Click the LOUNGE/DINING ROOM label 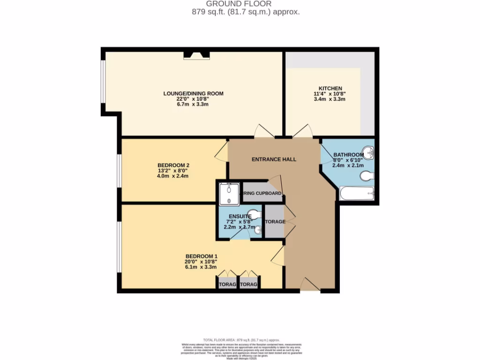193,93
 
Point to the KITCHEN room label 330,88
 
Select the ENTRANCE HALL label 274,159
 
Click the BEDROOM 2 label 173,165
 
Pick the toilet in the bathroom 367,176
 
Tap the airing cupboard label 262,193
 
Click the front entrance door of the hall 309,284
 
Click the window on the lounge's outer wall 102,81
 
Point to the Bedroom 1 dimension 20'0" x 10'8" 201,262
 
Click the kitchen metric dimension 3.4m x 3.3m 330,99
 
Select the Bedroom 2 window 119,170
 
